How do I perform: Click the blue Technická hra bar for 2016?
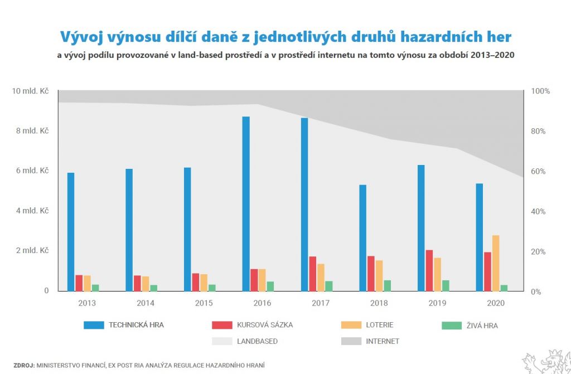pos(246,203)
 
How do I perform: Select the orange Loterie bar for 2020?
pos(496,263)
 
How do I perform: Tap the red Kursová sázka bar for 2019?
pos(429,270)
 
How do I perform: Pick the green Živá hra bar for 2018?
pos(387,285)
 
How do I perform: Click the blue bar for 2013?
pos(71,232)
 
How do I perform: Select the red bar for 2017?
pos(313,274)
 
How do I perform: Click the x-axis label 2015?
pos(204,303)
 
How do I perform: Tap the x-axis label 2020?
pos(496,303)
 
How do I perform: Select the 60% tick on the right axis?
pos(541,172)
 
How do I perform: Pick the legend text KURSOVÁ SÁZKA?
pos(264,325)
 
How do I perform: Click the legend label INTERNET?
pos(383,341)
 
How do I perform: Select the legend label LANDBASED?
pos(257,341)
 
